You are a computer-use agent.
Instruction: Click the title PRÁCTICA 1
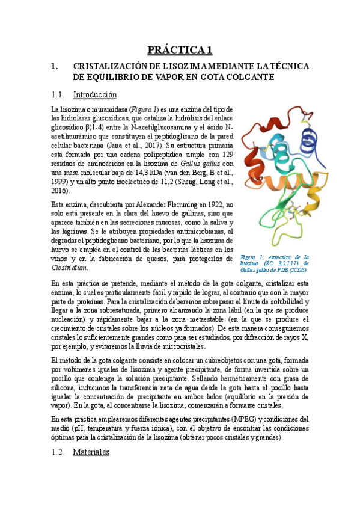click(180, 49)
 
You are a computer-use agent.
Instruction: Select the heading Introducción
click(94, 94)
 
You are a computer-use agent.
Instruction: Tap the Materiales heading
click(91, 452)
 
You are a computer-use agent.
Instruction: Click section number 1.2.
click(58, 452)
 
